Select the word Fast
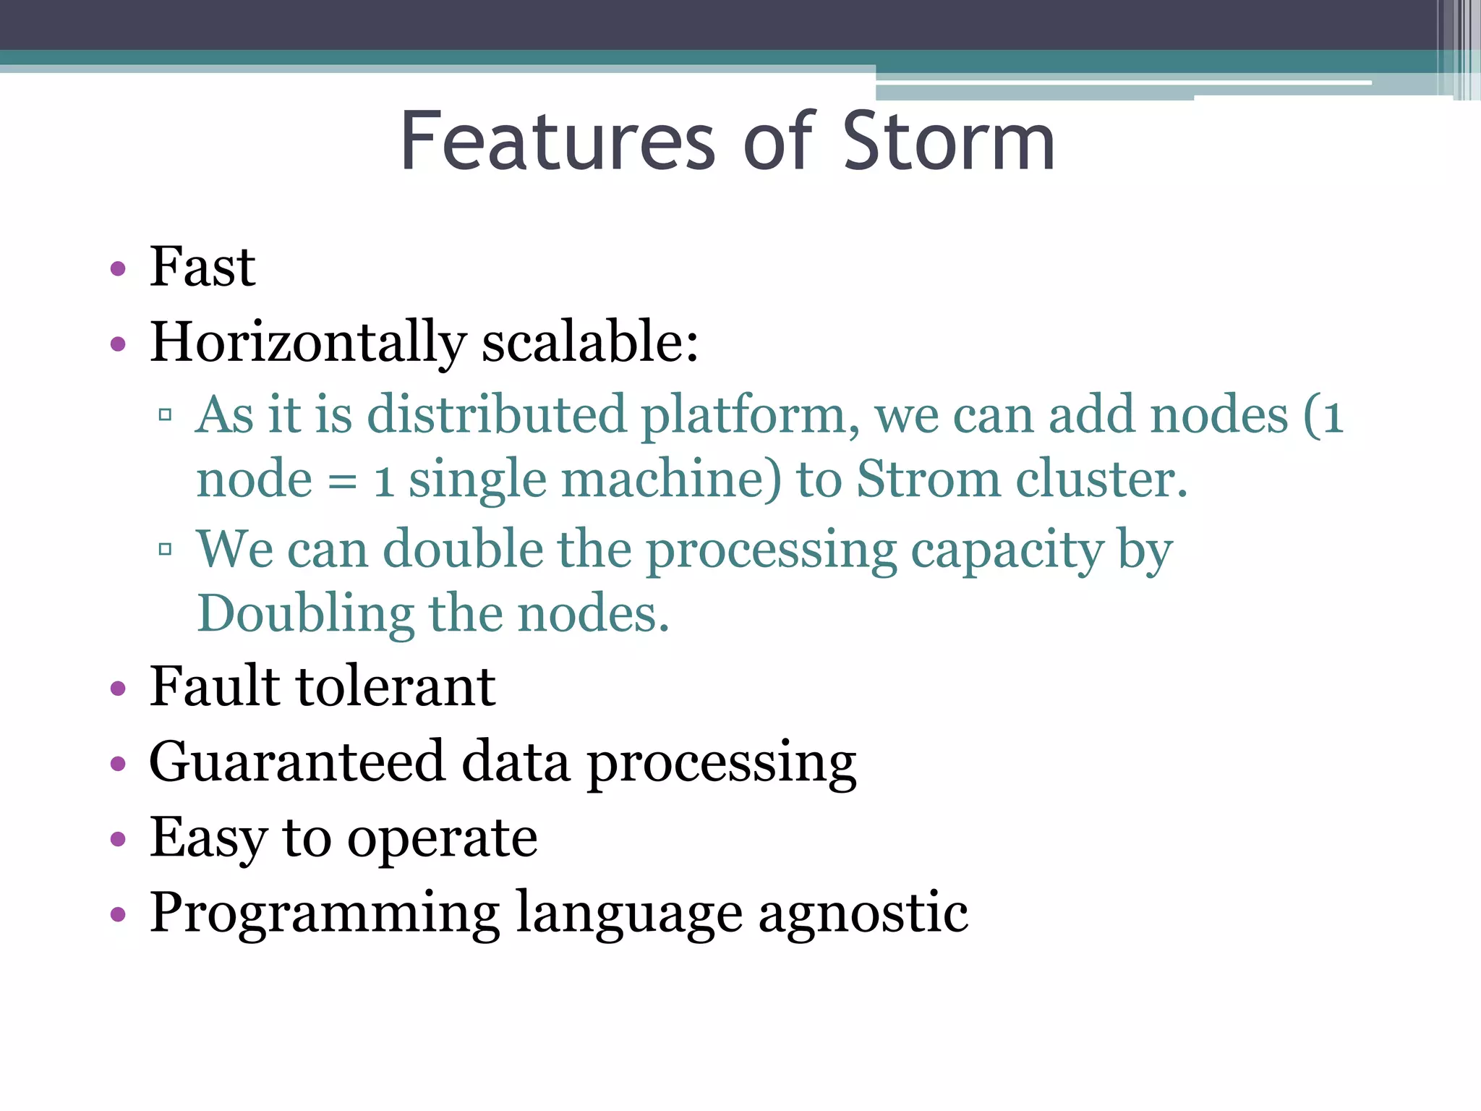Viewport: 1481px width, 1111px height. click(x=202, y=267)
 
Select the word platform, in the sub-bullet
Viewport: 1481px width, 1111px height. click(x=750, y=416)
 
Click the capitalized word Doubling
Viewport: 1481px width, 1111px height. click(x=305, y=613)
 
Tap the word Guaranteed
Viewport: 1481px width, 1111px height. click(x=296, y=762)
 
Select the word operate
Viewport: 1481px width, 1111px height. click(x=442, y=839)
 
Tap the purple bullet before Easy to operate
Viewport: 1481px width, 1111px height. click(x=118, y=840)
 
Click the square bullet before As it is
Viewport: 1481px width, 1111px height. click(x=165, y=415)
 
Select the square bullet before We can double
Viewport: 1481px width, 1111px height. click(x=165, y=550)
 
